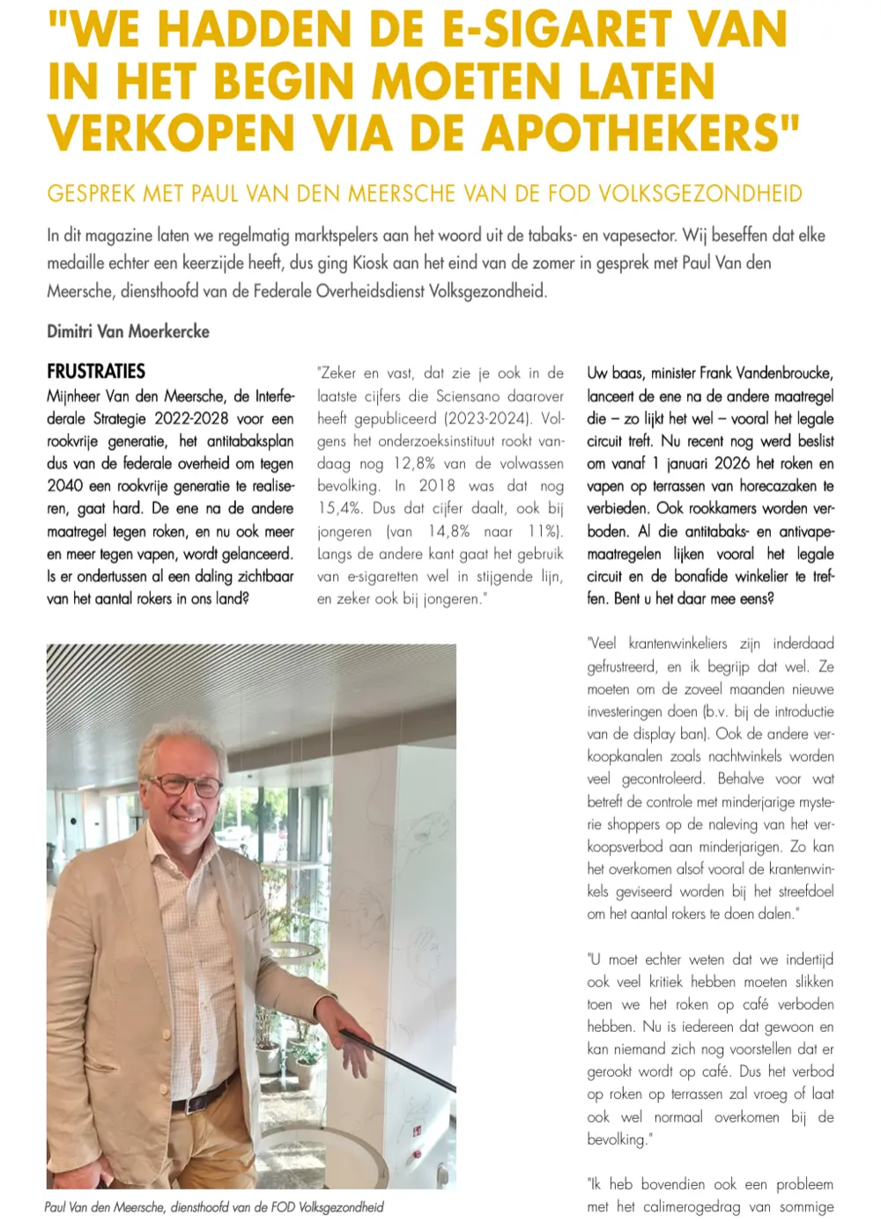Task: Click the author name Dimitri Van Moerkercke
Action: [x=128, y=331]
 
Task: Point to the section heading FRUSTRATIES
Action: [x=96, y=372]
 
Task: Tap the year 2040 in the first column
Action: [x=65, y=486]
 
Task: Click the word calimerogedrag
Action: [x=692, y=1207]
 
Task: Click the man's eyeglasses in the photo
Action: [x=185, y=784]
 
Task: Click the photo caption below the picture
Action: [x=214, y=1207]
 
